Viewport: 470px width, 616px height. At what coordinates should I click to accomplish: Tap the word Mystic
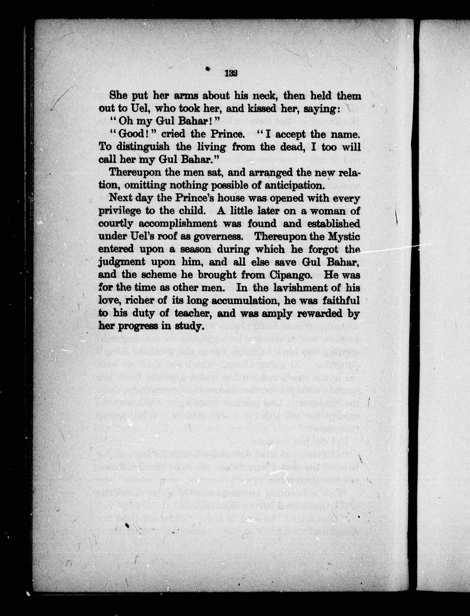tap(344, 237)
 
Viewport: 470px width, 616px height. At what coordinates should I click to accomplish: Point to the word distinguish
tap(143, 147)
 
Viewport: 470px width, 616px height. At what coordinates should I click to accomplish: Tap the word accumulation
tap(245, 301)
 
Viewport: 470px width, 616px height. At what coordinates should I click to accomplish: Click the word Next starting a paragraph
tap(120, 198)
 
